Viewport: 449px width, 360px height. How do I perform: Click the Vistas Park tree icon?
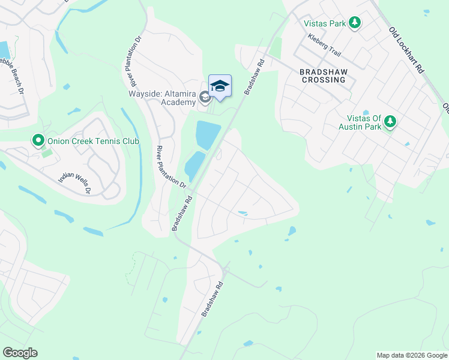[x=355, y=23]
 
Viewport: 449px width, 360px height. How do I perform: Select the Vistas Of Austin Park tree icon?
[x=390, y=122]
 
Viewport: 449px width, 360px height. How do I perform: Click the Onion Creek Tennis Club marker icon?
[x=38, y=142]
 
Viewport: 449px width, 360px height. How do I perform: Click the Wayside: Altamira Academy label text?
[x=162, y=98]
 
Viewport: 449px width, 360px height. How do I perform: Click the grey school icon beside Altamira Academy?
[x=205, y=97]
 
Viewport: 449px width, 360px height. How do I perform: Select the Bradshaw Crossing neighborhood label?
[x=324, y=75]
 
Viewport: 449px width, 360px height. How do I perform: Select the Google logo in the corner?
[x=20, y=353]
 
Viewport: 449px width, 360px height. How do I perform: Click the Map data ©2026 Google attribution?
[x=412, y=355]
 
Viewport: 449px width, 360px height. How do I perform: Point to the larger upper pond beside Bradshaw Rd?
[x=207, y=134]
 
